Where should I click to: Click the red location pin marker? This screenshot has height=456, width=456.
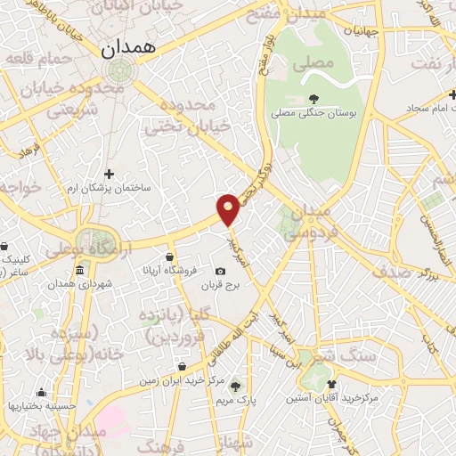point(229,208)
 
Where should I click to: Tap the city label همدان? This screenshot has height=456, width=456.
point(127,48)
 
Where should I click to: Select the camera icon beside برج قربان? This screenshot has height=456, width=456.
point(220,271)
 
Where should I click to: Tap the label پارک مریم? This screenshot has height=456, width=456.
point(235,401)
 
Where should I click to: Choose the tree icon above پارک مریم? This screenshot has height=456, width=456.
point(235,386)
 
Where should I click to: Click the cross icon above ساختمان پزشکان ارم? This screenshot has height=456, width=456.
point(110,174)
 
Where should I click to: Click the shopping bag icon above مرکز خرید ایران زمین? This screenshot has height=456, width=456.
point(182,365)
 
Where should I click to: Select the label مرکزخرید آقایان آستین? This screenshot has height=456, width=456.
point(331,398)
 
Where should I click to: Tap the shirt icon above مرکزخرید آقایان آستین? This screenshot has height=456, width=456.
point(332,383)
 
